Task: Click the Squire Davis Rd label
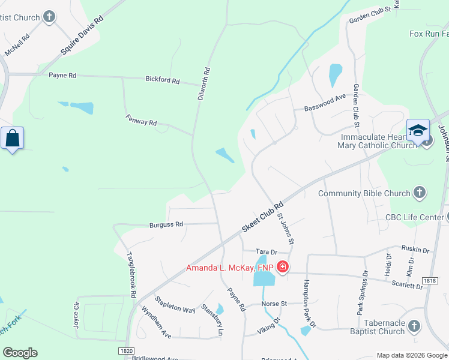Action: point(82,35)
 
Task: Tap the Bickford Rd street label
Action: point(162,80)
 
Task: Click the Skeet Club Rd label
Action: point(262,217)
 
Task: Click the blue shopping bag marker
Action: point(12,139)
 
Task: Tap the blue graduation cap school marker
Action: point(418,131)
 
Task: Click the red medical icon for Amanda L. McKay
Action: point(283,267)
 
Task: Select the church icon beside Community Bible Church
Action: point(420,193)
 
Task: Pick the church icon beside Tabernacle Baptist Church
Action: point(414,326)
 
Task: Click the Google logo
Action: point(20,353)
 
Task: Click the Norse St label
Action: point(275,304)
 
